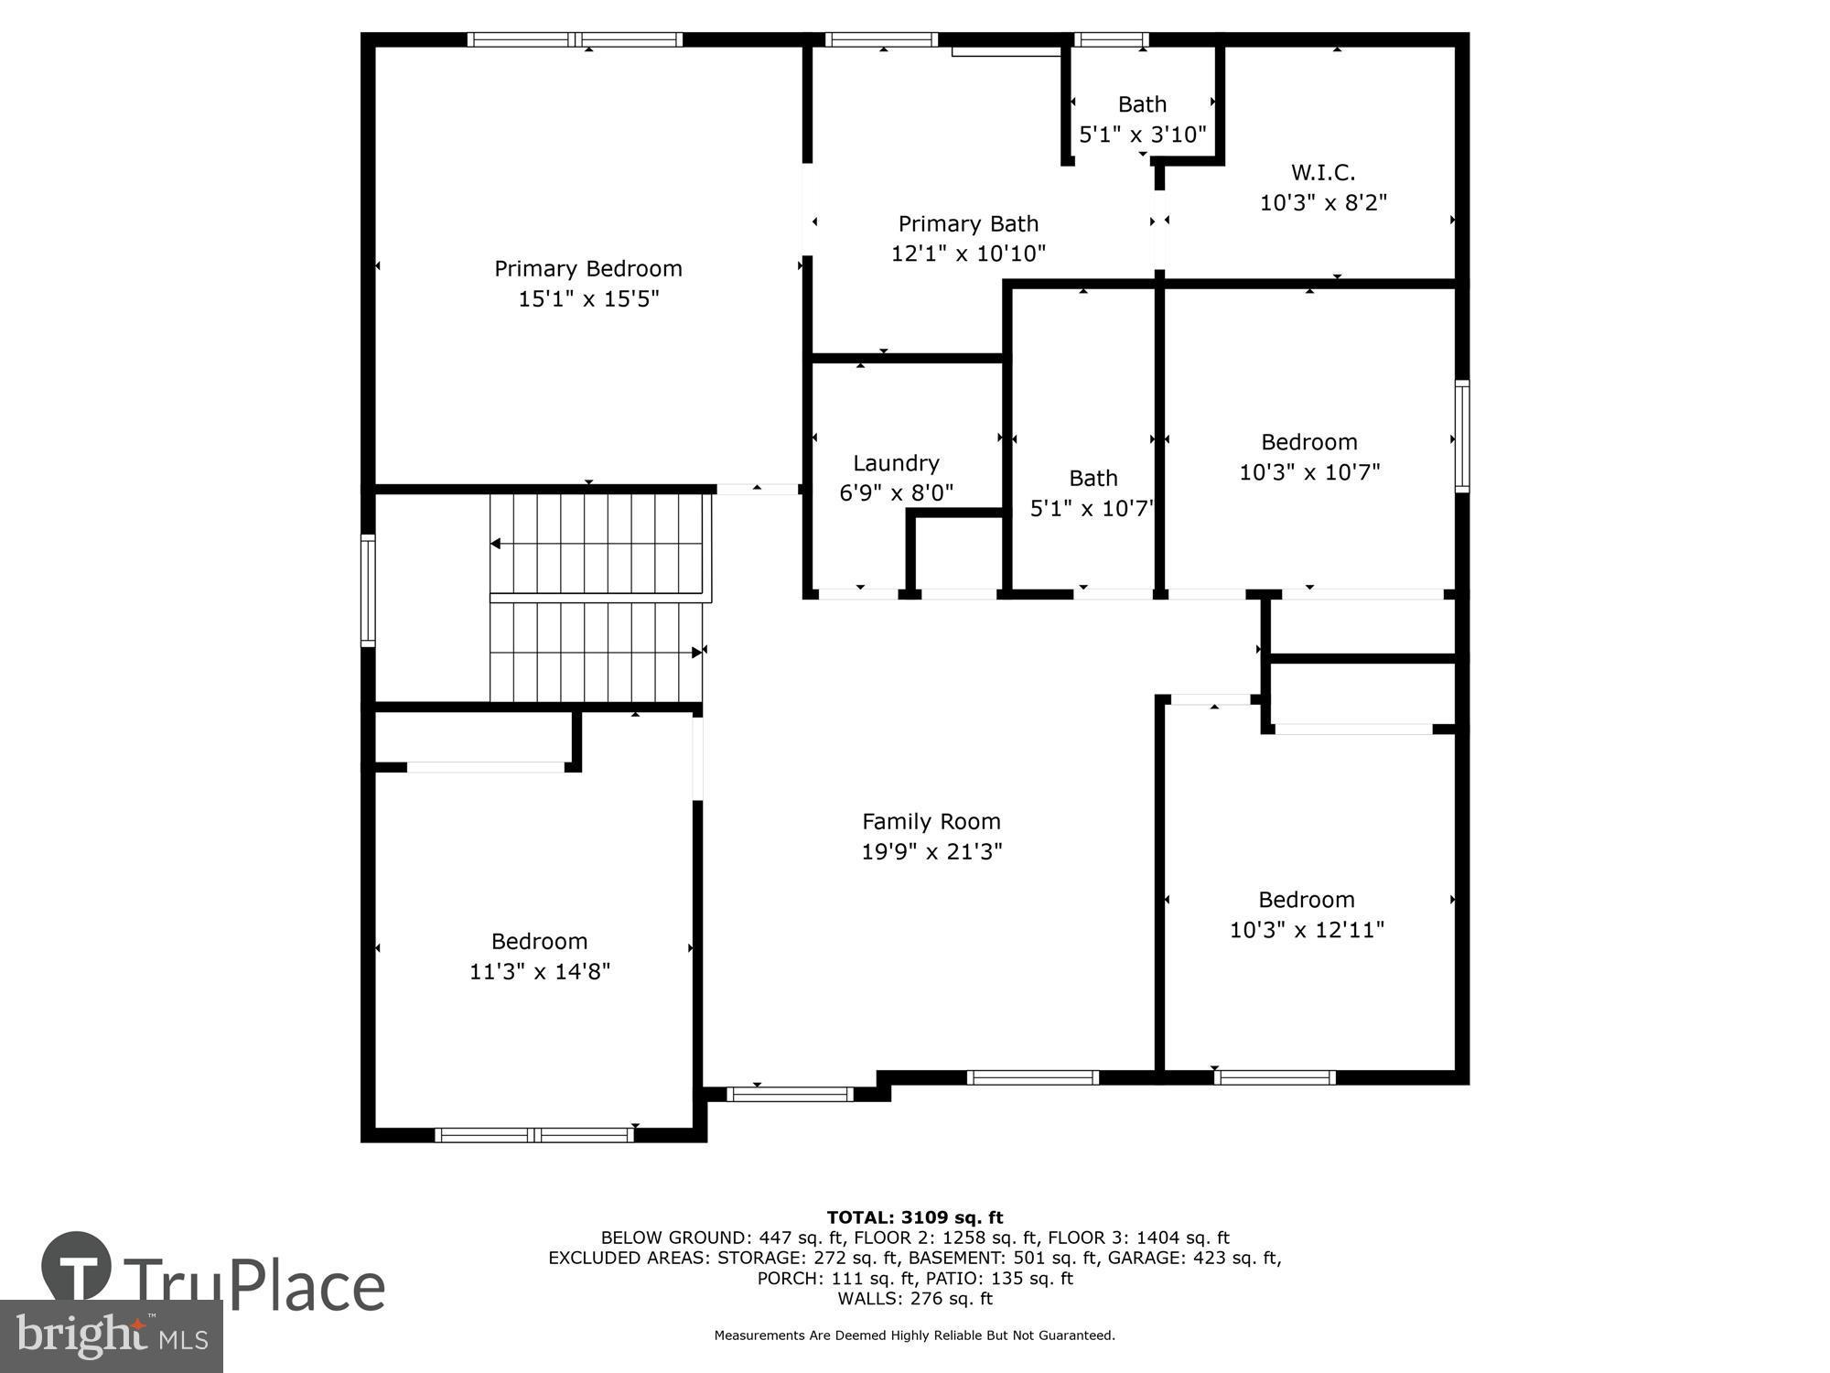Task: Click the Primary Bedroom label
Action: [588, 268]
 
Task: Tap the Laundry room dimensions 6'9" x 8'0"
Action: [896, 493]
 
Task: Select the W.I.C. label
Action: [1323, 172]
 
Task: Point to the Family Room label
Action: [931, 821]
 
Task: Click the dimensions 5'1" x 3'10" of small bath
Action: [1143, 135]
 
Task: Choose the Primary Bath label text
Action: [968, 223]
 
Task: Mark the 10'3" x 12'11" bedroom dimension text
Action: [1307, 930]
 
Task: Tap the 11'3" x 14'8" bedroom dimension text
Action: [540, 971]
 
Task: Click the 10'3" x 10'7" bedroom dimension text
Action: [1309, 472]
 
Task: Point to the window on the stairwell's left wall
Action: [368, 590]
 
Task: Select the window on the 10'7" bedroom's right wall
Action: [1461, 437]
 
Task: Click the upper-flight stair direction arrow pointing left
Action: [495, 544]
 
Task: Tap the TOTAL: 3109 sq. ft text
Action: [915, 1217]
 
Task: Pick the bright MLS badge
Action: [112, 1336]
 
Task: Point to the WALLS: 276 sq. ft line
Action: [915, 1298]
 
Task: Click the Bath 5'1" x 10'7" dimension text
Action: [1092, 509]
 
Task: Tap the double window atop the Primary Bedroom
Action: [575, 39]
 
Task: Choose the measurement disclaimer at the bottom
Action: [915, 1335]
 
